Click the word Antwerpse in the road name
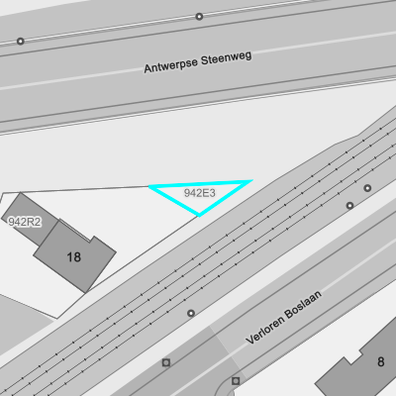tap(171, 64)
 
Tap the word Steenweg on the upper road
tap(227, 57)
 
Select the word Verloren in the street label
tap(265, 330)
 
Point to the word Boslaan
tap(304, 304)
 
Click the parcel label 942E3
tap(200, 193)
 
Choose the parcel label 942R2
tap(25, 222)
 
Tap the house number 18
tap(73, 257)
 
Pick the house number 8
tap(381, 362)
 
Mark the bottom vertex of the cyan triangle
tap(199, 216)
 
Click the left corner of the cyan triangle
tap(150, 187)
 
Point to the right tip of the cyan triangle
tap(251, 180)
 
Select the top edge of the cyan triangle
tap(201, 184)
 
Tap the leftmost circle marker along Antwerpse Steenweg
tap(21, 42)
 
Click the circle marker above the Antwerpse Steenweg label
tap(199, 16)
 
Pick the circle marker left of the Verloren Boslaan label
tap(191, 313)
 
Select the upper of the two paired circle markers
tap(367, 188)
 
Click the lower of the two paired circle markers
tap(349, 206)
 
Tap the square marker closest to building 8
tap(236, 381)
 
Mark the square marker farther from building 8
tap(166, 362)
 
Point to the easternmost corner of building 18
tap(116, 252)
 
